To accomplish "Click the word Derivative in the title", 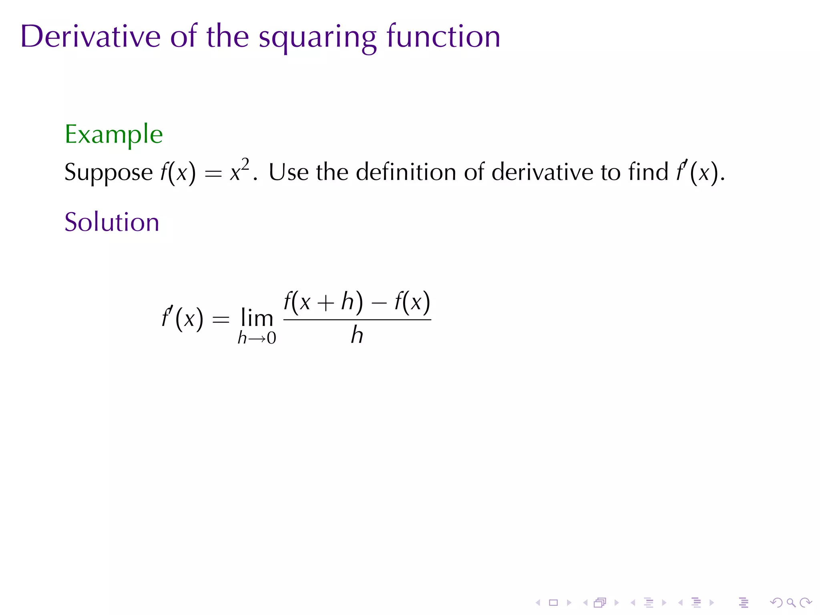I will coord(90,36).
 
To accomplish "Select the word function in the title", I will coord(443,36).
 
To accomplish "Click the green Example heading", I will coord(114,135).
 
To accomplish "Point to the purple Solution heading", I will coord(112,222).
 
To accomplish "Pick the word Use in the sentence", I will coord(288,172).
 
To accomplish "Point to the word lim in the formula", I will coord(257,319).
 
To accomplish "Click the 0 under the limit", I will coord(271,339).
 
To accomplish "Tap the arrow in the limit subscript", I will coord(257,339).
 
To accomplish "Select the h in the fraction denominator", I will coord(357,336).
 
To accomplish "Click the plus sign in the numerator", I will coord(326,303).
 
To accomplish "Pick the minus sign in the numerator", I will coord(379,303).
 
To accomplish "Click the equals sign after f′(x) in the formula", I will coord(221,320).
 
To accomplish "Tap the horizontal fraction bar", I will coord(357,320).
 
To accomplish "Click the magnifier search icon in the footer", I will coord(791,603).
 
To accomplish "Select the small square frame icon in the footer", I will coord(553,603).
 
